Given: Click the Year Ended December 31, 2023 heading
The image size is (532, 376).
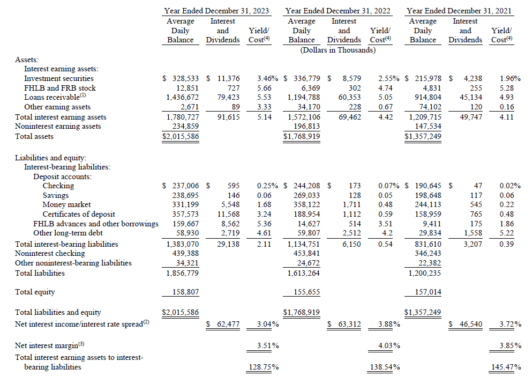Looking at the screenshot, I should coord(216,10).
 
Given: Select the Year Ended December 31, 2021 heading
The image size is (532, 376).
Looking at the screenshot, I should coord(459,10).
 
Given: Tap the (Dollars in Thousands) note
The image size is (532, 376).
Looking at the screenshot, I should coord(338,50).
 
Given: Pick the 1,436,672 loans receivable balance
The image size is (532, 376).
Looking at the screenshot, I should coord(181,98).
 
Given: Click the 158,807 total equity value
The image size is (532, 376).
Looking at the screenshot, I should coord(181,292).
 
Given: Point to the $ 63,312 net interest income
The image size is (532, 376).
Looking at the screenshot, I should coord(345,324).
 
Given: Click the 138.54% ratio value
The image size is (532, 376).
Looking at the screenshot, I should coord(386,367).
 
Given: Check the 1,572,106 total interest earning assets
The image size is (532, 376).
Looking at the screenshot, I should coord(302,117).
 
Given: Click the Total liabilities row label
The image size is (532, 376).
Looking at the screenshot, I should coord(40,273).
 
